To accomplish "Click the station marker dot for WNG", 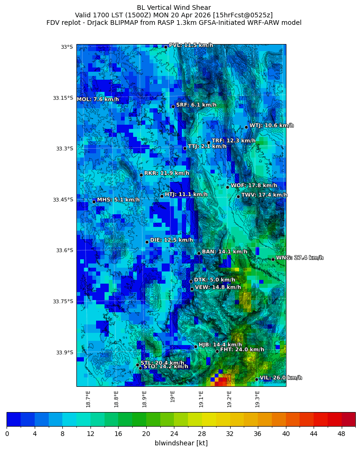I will click(273, 259).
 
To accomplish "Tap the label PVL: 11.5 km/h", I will click(191, 45).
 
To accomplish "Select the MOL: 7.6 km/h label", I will click(97, 99).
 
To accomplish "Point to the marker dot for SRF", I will click(173, 106).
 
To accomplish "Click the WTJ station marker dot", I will click(246, 127).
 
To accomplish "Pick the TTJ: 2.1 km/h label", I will click(207, 147).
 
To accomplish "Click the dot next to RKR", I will click(141, 175).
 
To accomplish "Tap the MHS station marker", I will click(94, 202).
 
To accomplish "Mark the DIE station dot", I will click(147, 242).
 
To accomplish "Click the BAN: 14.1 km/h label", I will click(225, 252).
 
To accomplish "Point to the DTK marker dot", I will click(191, 281).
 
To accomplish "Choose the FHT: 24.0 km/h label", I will click(242, 350).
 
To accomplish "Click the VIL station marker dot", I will click(256, 379).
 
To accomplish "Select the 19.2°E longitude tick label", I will click(230, 399).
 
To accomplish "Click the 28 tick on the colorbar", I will click(202, 434).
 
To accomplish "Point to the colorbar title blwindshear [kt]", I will click(181, 443).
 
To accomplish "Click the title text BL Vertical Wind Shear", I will click(174, 8).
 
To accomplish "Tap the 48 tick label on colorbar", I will click(342, 434).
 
